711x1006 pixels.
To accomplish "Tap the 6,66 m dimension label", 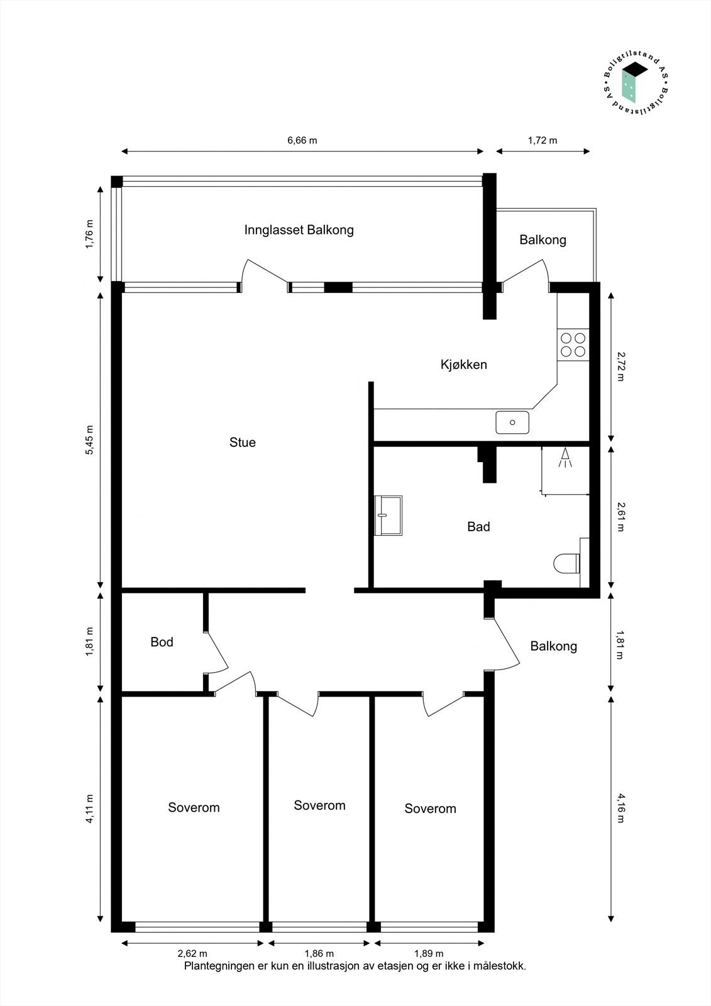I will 302,140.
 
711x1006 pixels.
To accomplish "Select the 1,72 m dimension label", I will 543,140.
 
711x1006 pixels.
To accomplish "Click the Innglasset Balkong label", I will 299,229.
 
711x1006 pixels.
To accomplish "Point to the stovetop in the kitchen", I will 573,345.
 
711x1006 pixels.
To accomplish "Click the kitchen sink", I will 512,422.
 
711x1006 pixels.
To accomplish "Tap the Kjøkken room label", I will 463,364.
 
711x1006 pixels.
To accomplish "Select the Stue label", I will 243,442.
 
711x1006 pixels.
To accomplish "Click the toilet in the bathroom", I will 568,563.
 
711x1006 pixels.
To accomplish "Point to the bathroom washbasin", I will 387,516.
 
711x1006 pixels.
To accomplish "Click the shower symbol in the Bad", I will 565,458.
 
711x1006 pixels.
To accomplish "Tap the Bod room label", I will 162,642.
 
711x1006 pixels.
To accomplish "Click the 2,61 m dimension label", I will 620,517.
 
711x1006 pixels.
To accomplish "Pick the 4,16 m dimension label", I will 620,809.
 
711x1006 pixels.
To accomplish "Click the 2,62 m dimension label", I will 192,954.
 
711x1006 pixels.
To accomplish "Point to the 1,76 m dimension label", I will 89,235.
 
